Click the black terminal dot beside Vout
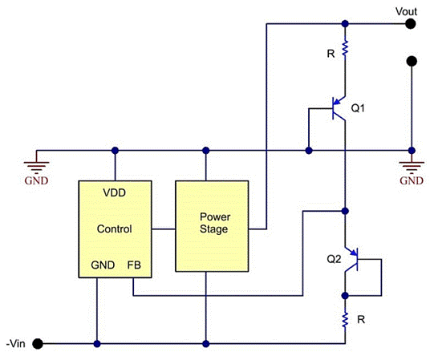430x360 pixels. point(412,23)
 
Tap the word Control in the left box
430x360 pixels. point(114,229)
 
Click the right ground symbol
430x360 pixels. point(412,164)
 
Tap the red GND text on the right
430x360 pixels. point(412,180)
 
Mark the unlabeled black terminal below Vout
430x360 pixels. point(412,61)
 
